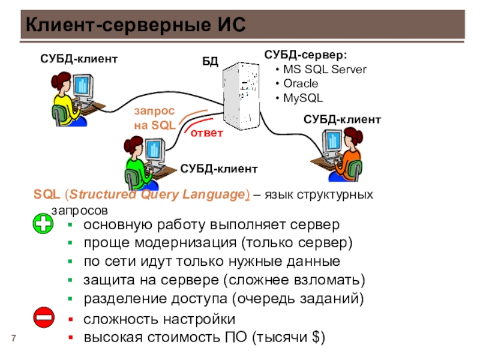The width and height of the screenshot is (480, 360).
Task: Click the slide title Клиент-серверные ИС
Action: point(136,25)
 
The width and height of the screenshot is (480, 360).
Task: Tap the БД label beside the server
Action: point(210,62)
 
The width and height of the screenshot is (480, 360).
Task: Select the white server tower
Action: point(241,96)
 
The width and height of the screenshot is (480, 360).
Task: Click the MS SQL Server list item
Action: point(325,70)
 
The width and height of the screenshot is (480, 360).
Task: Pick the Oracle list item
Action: point(301,83)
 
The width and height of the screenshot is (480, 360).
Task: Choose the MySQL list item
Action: point(303,98)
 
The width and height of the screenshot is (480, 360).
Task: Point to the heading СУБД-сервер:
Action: point(305,55)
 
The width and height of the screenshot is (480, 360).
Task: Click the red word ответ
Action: point(206,133)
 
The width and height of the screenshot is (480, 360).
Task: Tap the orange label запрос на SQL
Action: point(155,118)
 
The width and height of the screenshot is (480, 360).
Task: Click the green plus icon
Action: point(43,224)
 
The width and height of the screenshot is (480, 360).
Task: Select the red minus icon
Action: point(44,317)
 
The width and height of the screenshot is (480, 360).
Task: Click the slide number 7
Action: point(13,338)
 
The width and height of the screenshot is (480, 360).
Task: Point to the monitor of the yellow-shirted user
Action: point(83,85)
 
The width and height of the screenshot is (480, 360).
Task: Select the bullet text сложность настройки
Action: point(159,319)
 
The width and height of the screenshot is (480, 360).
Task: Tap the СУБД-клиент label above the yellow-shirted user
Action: point(79,59)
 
